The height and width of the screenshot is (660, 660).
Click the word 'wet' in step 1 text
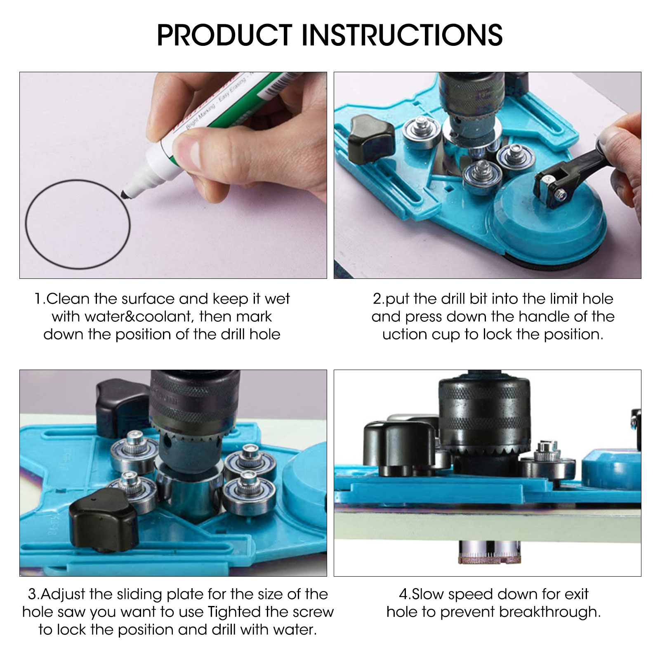pyautogui.click(x=277, y=299)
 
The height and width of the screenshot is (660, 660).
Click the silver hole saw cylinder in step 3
pyautogui.click(x=188, y=489)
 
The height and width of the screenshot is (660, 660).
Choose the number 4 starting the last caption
pyautogui.click(x=403, y=595)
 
